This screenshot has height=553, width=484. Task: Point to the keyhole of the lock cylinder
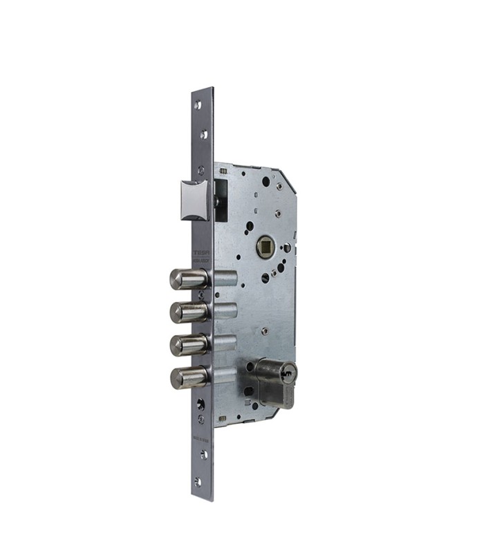[x=288, y=375]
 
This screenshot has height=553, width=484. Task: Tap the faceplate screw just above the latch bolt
[x=201, y=170]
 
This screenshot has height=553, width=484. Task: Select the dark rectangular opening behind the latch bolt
[x=219, y=200]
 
